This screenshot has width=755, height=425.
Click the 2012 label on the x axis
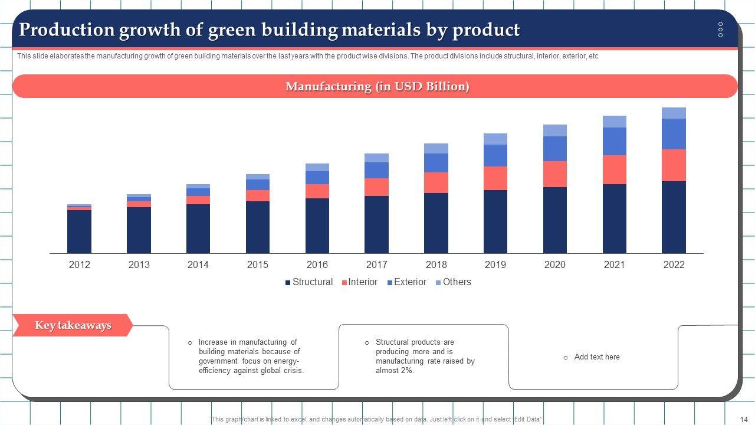coord(80,264)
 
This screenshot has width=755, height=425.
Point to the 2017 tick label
coord(376,264)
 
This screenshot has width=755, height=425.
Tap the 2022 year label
coord(674,264)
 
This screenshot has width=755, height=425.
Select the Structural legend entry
coord(308,282)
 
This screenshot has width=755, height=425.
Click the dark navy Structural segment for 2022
coord(674,217)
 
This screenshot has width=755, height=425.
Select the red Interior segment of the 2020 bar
coord(554,174)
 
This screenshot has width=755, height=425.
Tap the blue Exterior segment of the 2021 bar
coord(614,142)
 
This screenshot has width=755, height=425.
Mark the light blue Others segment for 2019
coord(495,139)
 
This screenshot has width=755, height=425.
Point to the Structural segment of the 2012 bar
coord(80,231)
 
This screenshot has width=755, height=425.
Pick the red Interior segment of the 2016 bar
coord(317,191)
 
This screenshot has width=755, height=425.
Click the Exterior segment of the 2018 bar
coord(436,163)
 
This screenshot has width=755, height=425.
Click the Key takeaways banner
coord(73,325)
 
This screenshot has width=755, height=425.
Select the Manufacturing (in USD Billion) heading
coord(377,86)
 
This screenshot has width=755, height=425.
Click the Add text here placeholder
coord(596,357)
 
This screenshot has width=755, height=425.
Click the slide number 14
coord(744,419)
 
